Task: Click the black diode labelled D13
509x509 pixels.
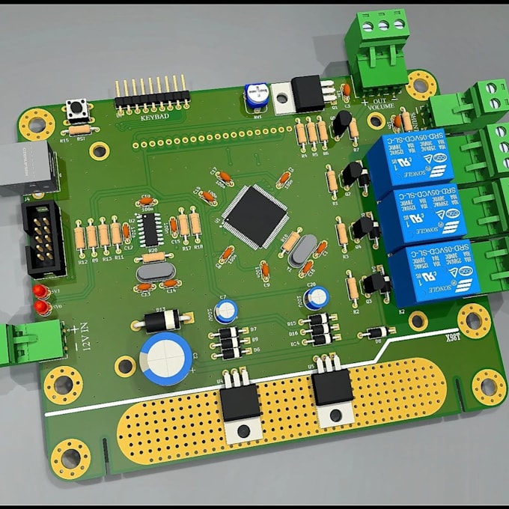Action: (159, 321)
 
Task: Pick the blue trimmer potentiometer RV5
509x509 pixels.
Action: (257, 96)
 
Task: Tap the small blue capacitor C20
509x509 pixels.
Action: (314, 297)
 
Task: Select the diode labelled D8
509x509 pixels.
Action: (374, 332)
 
